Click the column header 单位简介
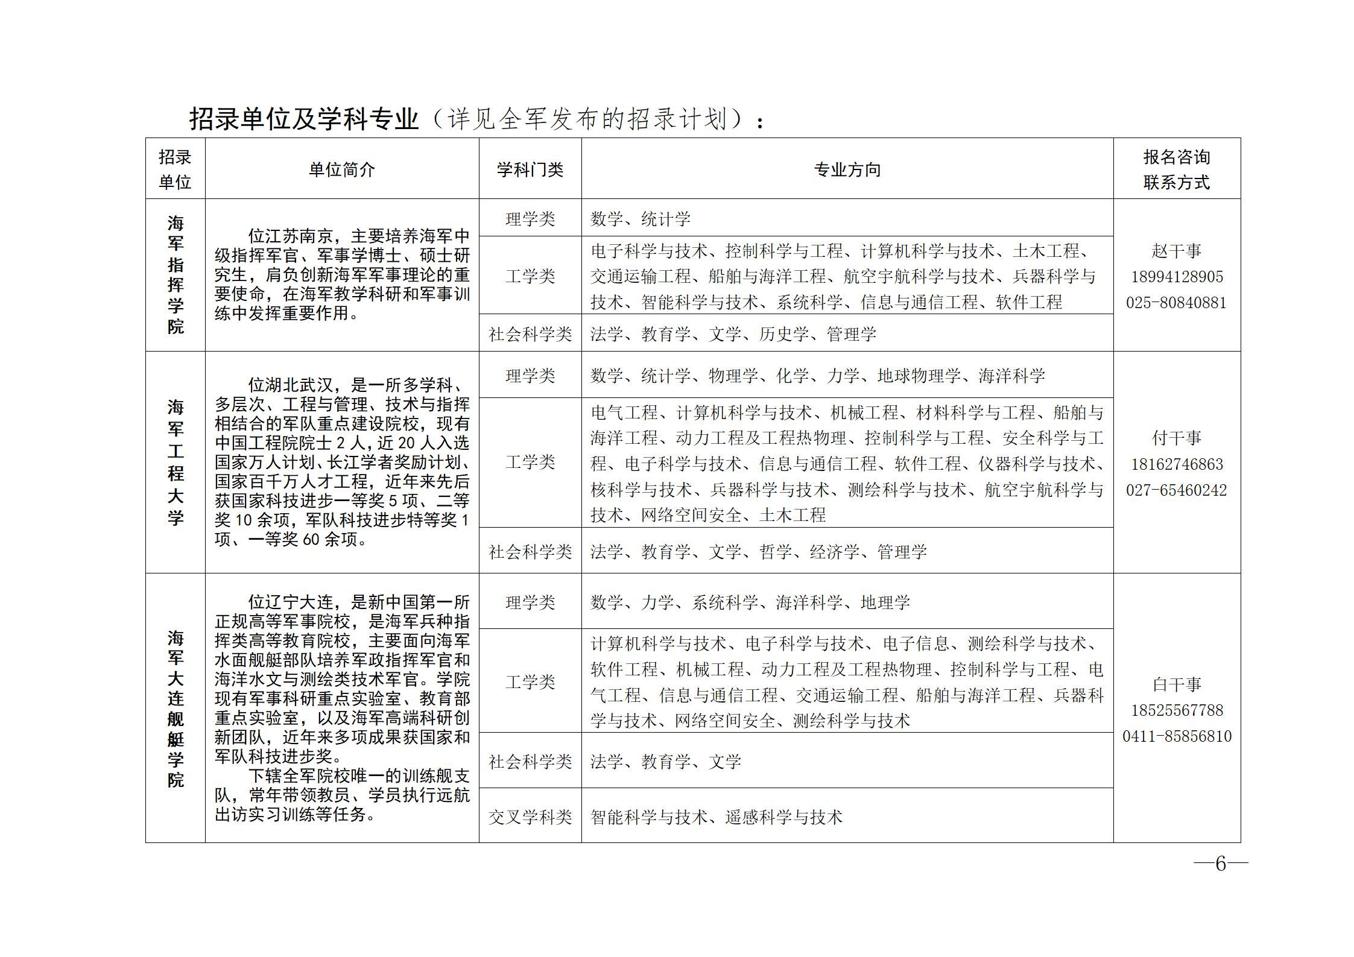[341, 170]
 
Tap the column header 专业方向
[847, 170]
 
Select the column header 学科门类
[530, 170]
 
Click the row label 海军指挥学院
[176, 275]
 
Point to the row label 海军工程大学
[176, 462]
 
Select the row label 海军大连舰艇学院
[176, 708]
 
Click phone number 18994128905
[1176, 277]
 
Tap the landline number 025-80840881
[1176, 303]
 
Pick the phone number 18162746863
[1176, 464]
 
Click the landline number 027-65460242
[1176, 490]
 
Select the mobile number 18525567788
[1176, 710]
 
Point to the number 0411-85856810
[1176, 736]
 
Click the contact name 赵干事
[1176, 251]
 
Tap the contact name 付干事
[1176, 438]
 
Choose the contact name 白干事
[1176, 684]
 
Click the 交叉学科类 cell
[530, 817]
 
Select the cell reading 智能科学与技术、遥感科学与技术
[717, 817]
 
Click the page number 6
[1221, 864]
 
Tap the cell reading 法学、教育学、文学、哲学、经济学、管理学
[758, 552]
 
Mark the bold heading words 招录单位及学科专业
[304, 119]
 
